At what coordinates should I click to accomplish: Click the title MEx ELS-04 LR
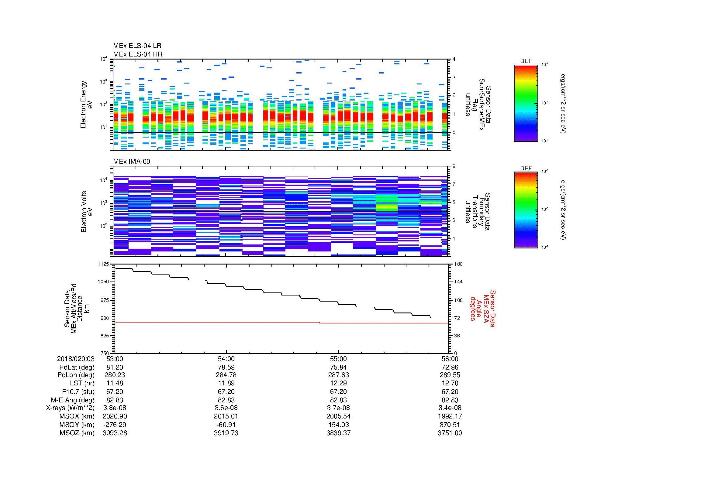point(137,46)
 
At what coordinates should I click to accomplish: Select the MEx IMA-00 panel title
point(131,162)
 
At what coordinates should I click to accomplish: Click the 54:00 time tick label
point(226,359)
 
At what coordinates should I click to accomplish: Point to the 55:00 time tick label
point(338,359)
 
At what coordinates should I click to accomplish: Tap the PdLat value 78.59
point(226,367)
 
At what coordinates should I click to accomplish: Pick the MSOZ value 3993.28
point(115,433)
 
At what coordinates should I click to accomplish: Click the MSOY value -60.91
point(226,425)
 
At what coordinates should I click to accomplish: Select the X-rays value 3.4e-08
point(450,408)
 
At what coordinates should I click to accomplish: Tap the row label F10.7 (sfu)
point(78,391)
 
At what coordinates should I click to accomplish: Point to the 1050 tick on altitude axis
point(103,282)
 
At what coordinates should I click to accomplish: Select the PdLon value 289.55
point(450,375)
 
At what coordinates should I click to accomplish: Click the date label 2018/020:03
point(76,359)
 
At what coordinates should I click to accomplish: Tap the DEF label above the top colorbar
point(526,61)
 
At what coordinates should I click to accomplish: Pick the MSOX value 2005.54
point(338,416)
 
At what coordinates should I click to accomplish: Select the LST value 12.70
point(450,383)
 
